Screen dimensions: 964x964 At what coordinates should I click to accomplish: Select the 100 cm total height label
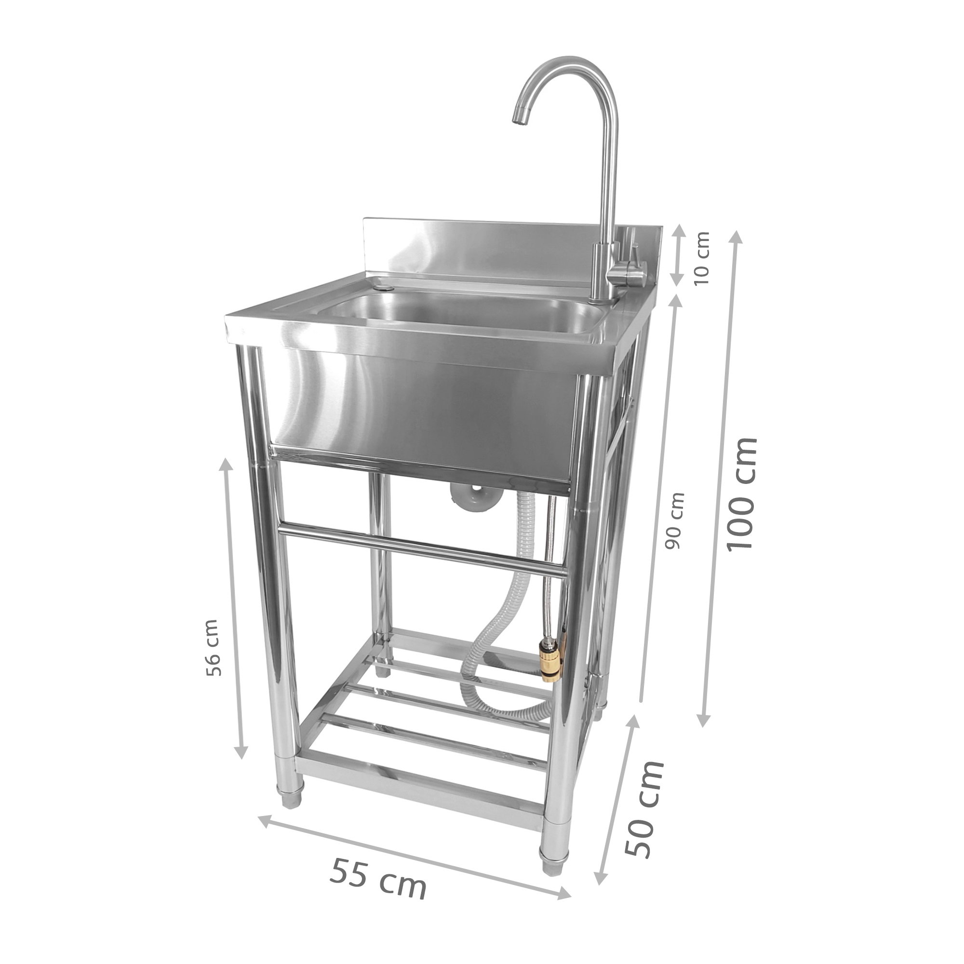tap(742, 495)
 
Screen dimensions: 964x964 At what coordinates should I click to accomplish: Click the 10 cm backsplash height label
tap(701, 265)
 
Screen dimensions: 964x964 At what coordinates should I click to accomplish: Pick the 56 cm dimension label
tap(212, 647)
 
